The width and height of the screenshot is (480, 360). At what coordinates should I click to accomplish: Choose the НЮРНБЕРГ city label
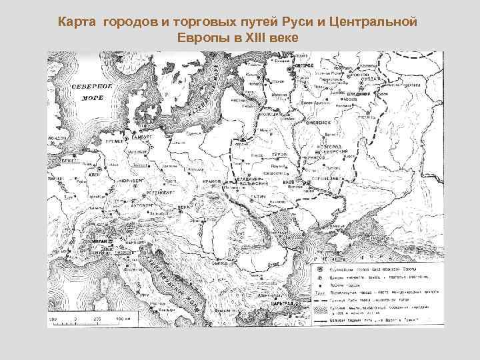tap(134, 181)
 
